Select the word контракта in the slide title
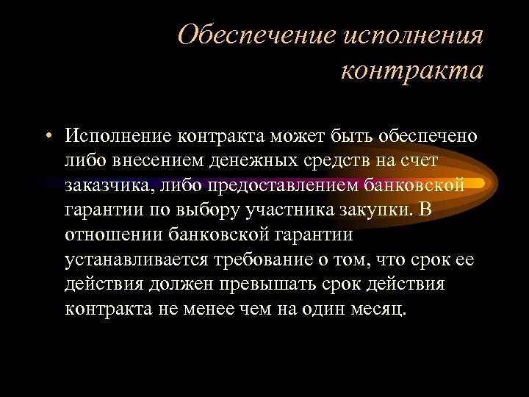[412, 71]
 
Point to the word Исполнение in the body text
[118, 137]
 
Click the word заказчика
[111, 185]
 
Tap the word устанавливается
[137, 259]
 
